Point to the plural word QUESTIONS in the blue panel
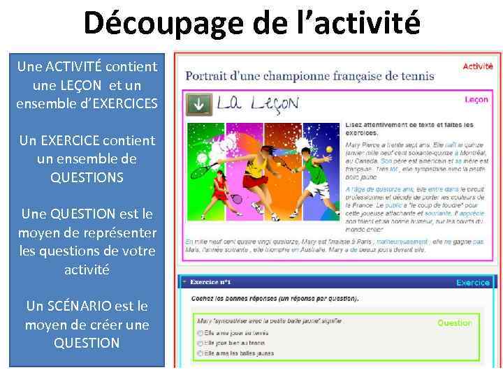[x=87, y=177]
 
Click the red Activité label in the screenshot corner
[x=478, y=66]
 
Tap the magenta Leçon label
[x=476, y=100]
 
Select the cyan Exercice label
[x=473, y=283]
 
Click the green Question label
[x=455, y=323]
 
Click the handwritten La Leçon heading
[x=257, y=104]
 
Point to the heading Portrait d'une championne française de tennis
[x=309, y=76]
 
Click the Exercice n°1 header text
[x=211, y=283]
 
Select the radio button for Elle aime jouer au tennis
[x=201, y=334]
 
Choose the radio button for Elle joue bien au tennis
[x=201, y=343]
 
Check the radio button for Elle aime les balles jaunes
[x=201, y=353]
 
